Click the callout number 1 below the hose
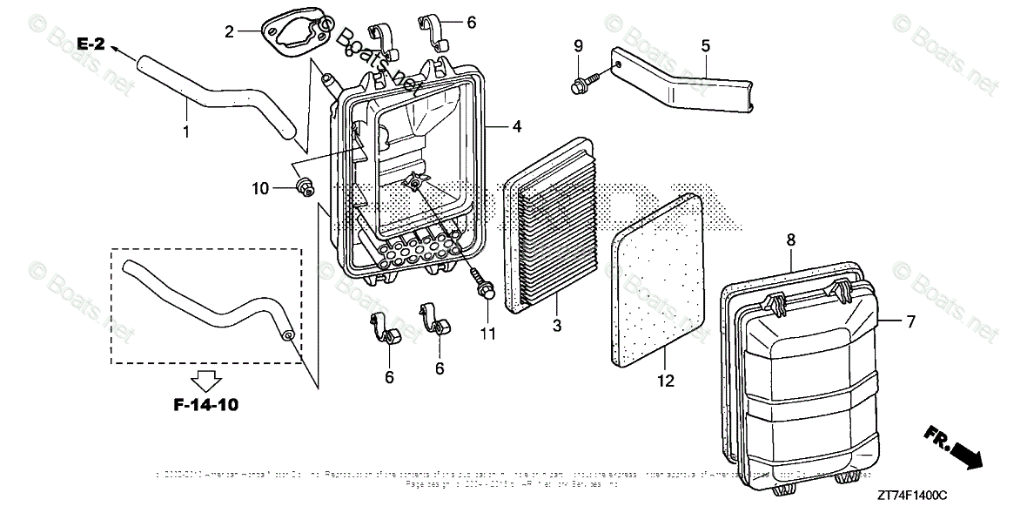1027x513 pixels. click(x=185, y=132)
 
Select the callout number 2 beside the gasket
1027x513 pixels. click(x=229, y=32)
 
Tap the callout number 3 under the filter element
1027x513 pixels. click(x=557, y=326)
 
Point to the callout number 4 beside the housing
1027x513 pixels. click(x=516, y=126)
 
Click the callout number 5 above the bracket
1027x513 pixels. click(x=705, y=44)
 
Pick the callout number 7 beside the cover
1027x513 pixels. click(x=910, y=321)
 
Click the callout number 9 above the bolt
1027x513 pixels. click(x=578, y=45)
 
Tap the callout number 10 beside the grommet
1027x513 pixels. click(x=260, y=187)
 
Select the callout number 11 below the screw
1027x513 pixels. click(x=487, y=333)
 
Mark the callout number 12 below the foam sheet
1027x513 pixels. click(x=666, y=380)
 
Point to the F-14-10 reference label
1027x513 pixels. click(x=206, y=404)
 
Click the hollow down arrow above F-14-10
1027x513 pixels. click(x=206, y=379)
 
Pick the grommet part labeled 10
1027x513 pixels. click(x=305, y=185)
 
